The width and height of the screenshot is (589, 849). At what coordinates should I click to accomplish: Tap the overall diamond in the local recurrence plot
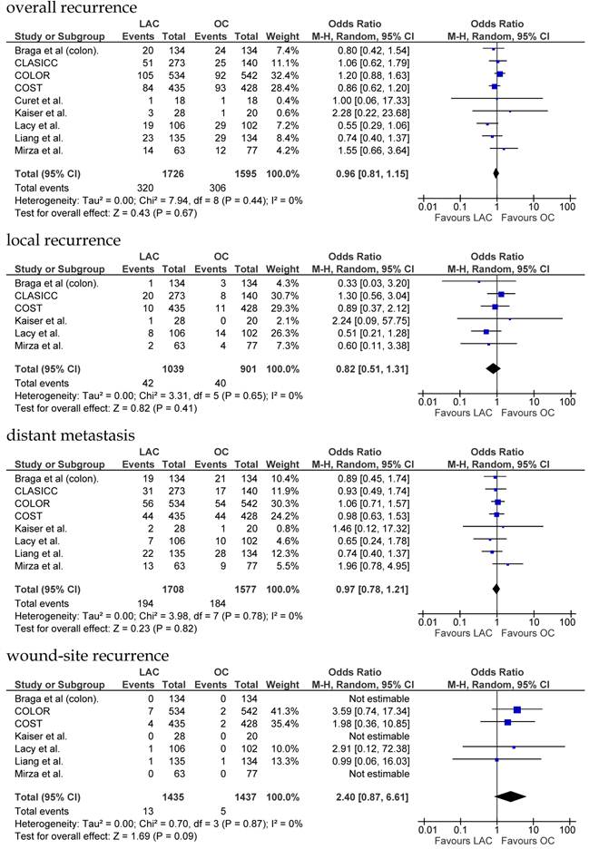click(x=493, y=368)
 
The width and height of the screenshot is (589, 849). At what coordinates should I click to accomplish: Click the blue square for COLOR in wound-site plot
click(x=517, y=710)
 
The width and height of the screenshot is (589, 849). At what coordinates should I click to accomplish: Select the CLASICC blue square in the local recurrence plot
click(x=501, y=294)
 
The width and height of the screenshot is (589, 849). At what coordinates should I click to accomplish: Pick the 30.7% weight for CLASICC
click(x=279, y=294)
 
